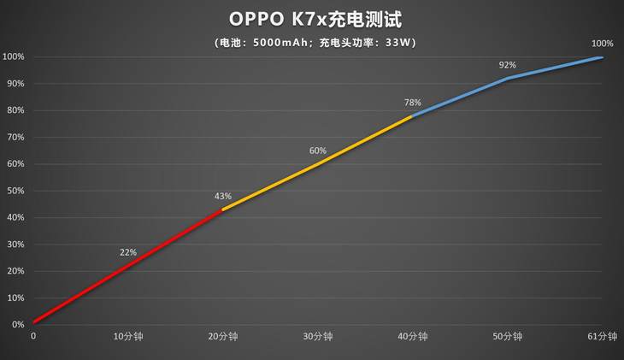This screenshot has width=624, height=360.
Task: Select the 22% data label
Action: coord(128,252)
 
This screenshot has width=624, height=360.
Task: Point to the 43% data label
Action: coord(223,196)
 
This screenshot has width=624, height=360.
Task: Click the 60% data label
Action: coord(318,150)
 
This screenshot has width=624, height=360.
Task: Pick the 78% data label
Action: coord(413,103)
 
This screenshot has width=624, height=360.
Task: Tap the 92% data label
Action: coord(508,65)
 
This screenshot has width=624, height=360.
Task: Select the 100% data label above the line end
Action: coord(602,44)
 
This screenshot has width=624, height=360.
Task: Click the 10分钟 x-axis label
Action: coord(128,337)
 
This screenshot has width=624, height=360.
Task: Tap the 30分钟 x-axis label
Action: coord(318,337)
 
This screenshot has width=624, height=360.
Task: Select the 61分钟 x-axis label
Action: coord(602,337)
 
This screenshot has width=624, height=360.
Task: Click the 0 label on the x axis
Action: coord(33,337)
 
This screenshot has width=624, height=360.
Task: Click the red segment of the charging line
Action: coord(128,265)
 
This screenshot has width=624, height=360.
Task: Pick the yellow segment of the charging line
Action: coord(318,162)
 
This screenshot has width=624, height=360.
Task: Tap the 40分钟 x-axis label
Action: coord(413,337)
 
